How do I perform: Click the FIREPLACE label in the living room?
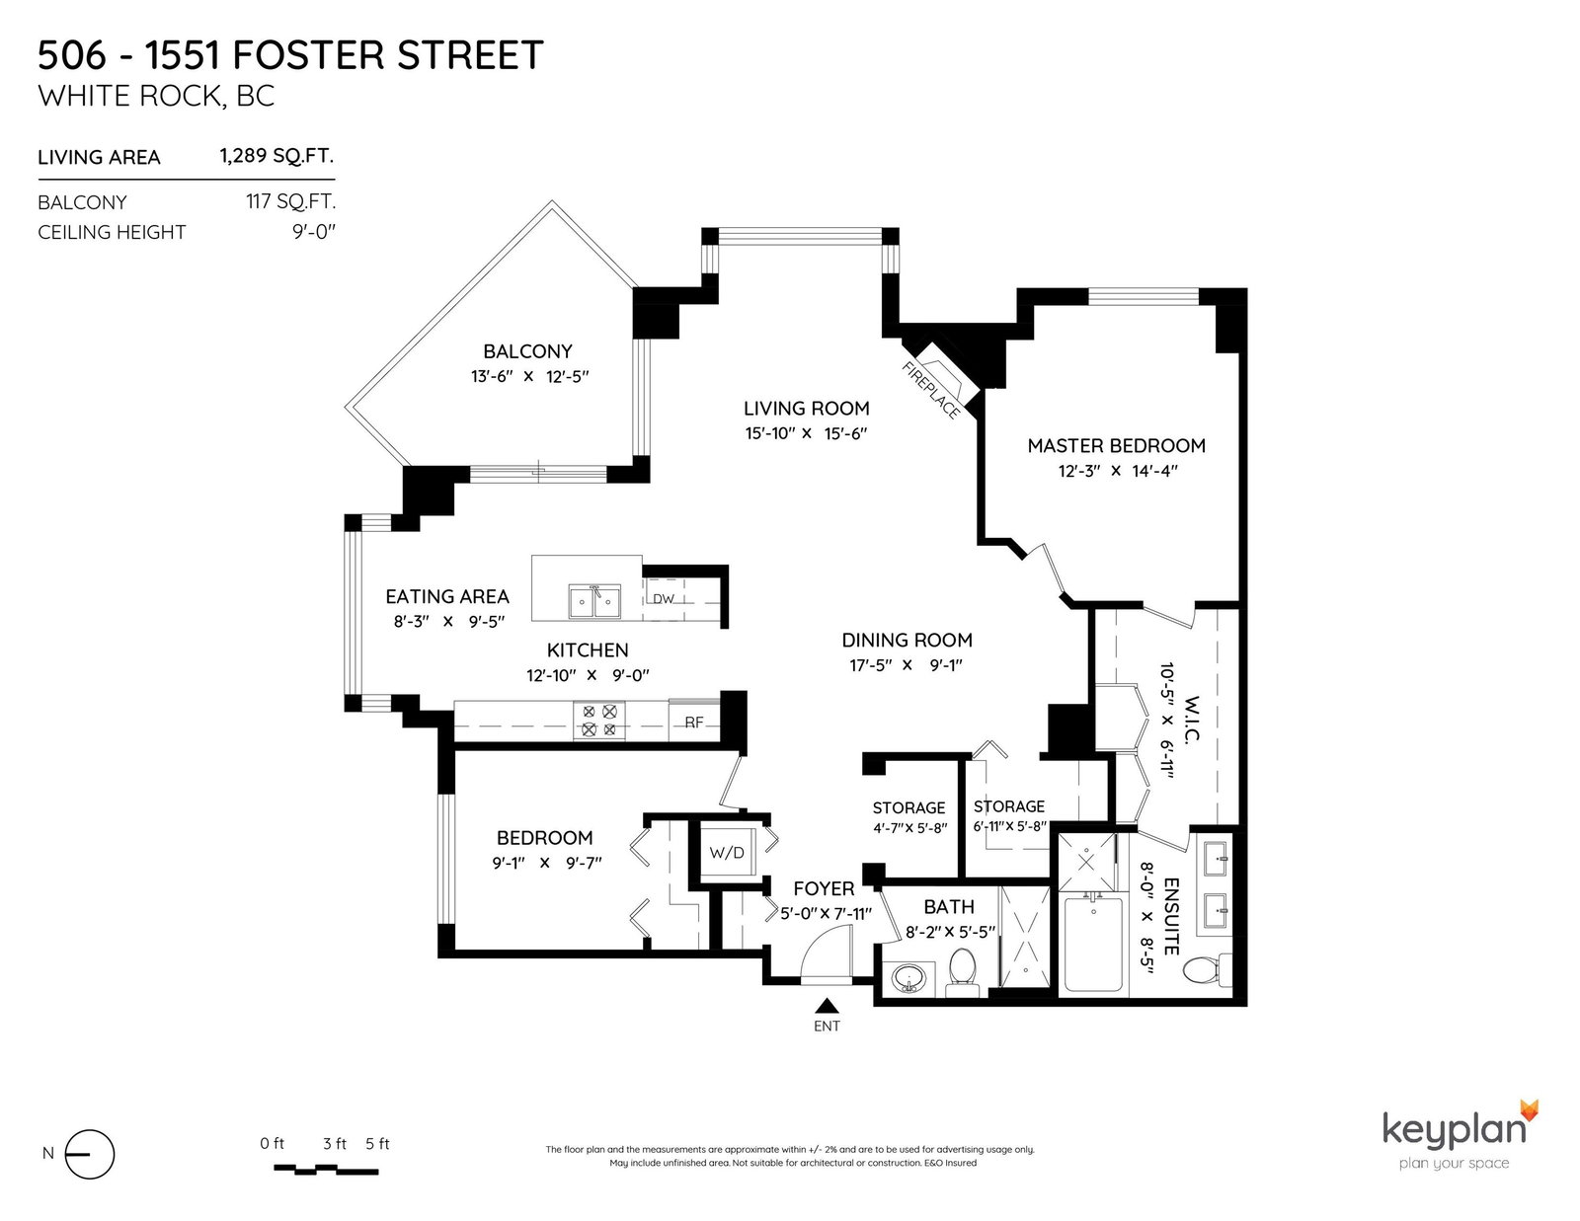930,390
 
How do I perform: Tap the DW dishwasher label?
664,599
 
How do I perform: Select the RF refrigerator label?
694,722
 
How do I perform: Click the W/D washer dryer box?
727,852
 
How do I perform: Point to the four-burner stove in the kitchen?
599,720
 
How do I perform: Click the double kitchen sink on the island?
594,602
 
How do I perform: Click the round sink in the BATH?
907,977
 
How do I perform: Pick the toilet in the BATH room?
963,971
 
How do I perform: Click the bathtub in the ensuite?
1093,944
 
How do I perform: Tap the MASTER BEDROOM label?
1116,445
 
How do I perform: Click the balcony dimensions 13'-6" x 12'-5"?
529,376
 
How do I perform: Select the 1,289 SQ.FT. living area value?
277,156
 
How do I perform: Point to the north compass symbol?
90,1154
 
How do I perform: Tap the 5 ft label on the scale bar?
377,1144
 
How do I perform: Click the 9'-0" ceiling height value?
314,232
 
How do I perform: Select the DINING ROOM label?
907,641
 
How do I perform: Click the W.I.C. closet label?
1191,720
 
